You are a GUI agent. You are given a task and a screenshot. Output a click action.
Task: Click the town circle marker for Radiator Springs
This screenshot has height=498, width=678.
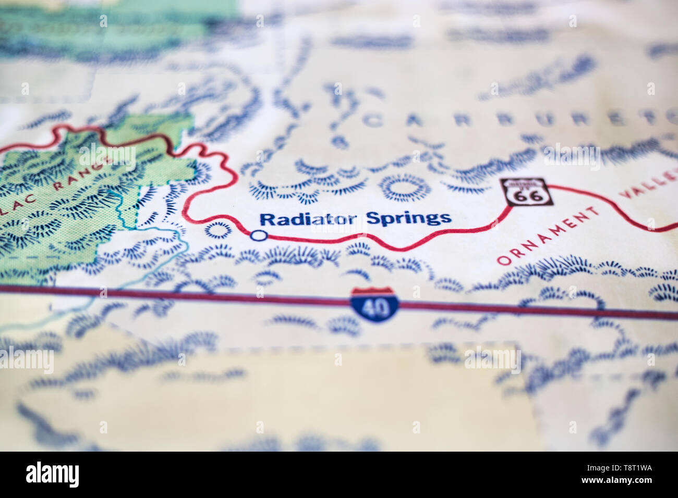coord(258,235)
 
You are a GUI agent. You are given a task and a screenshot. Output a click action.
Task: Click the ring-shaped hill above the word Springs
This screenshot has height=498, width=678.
coord(401,188)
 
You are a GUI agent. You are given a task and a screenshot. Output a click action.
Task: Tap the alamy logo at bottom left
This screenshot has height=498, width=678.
coord(52,474)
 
